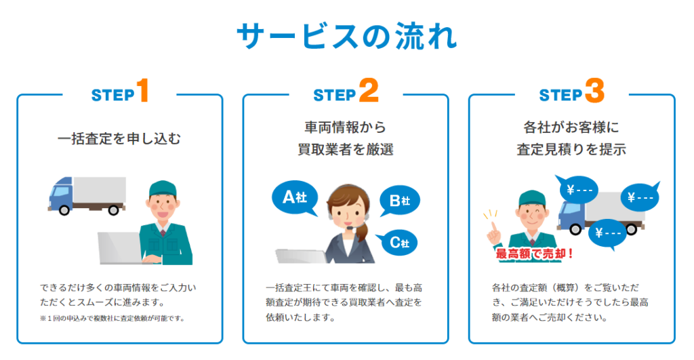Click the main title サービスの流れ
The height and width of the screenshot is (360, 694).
[346, 36]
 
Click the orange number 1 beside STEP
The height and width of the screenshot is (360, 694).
[142, 90]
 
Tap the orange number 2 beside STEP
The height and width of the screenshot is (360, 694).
[369, 90]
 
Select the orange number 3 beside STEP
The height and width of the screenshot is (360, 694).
[594, 90]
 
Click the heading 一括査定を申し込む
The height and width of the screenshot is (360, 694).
[119, 139]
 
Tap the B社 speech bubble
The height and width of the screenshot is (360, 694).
[399, 201]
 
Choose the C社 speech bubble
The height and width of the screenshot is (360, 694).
[398, 243]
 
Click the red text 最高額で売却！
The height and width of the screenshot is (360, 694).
[534, 254]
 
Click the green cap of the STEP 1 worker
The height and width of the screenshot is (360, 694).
[162, 188]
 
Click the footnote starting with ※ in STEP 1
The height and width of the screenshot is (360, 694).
[112, 319]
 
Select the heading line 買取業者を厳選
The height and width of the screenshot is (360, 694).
[345, 150]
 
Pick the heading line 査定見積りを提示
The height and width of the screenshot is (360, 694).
[571, 150]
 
